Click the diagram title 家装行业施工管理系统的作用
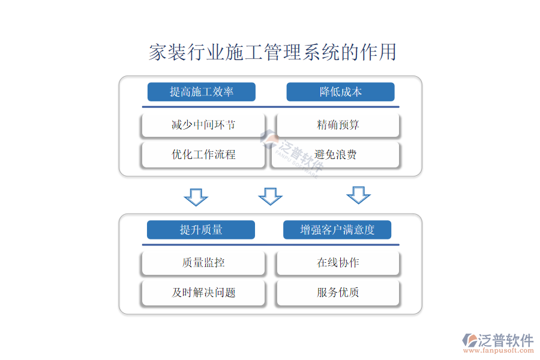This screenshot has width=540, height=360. point(272,52)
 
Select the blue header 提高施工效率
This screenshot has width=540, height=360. point(202,92)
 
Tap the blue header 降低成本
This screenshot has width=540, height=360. point(340,92)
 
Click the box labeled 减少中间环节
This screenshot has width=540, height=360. point(203,125)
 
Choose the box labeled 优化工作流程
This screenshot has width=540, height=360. point(203,155)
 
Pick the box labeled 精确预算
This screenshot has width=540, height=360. point(338,125)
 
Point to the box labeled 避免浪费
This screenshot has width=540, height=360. point(335,155)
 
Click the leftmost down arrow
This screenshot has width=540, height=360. point(196,197)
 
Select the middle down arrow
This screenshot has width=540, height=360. point(271,196)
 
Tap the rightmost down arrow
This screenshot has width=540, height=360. point(359,195)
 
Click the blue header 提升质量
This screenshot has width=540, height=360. point(201,229)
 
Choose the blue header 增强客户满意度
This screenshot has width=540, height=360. point(337,229)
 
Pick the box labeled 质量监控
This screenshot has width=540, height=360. point(203,263)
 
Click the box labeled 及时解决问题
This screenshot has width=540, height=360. point(203,293)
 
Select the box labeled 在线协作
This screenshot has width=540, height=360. point(338,263)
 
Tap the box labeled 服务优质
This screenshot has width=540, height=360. point(338,293)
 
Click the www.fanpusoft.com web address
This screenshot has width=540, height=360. point(499,350)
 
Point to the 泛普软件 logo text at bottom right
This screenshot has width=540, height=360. point(506,340)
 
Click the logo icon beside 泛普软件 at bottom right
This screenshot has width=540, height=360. point(469,340)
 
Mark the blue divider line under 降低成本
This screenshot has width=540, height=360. point(271,107)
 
